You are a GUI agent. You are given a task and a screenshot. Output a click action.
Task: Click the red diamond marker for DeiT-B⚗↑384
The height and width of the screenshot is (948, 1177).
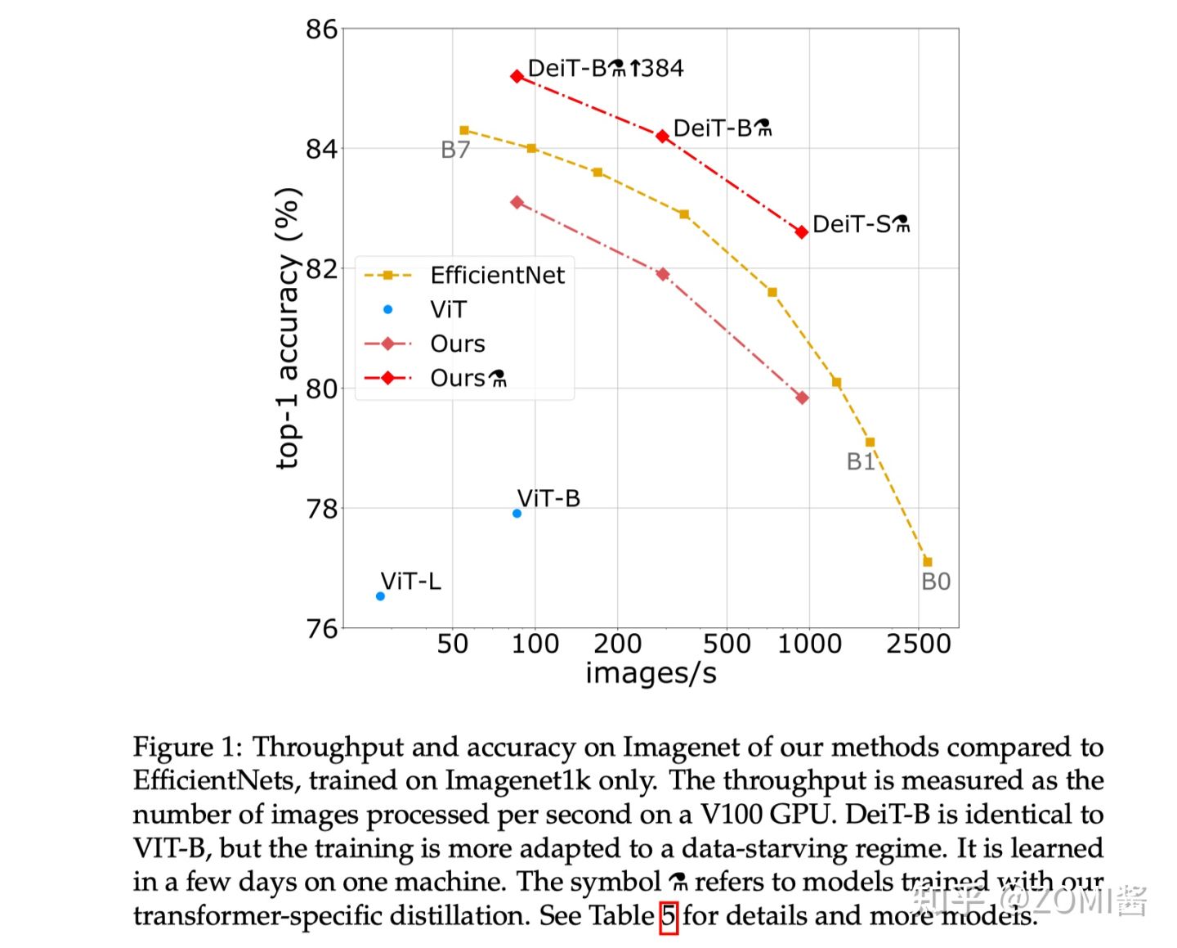[x=517, y=76]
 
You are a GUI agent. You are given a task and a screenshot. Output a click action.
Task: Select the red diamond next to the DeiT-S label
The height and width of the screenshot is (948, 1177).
[x=802, y=232]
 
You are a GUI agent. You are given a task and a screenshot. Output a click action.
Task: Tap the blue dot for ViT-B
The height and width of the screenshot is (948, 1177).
[x=517, y=514]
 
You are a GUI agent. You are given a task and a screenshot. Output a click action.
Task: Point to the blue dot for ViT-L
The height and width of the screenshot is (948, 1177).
[x=380, y=596]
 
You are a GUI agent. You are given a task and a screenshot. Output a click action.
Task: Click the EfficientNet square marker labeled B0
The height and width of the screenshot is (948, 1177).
[x=927, y=562]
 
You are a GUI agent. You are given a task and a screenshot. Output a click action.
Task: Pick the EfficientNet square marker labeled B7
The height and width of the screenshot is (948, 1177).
[x=464, y=130]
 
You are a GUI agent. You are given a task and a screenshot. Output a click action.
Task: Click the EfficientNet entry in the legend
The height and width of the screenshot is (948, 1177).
[x=497, y=275]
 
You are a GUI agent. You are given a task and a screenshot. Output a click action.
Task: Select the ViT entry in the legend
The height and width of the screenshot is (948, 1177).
[x=448, y=310]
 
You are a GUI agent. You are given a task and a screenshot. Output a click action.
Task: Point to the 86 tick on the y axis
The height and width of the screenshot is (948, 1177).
[x=321, y=29]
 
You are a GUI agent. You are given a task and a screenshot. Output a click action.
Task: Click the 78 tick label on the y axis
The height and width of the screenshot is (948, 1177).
[x=321, y=509]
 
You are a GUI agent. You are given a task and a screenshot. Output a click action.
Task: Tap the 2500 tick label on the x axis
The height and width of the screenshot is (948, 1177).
[x=918, y=644]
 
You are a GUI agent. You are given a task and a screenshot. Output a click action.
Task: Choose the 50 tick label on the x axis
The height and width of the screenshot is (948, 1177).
[x=453, y=644]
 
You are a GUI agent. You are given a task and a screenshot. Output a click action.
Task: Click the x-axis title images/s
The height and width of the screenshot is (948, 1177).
[x=651, y=673]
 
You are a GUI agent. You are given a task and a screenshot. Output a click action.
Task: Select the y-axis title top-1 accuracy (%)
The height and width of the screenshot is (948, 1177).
[x=288, y=329]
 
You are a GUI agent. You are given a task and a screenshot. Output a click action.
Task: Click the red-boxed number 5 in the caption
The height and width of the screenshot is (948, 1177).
[x=669, y=916]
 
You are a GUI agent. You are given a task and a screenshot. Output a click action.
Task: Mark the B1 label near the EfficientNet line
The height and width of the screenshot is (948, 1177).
[x=861, y=462]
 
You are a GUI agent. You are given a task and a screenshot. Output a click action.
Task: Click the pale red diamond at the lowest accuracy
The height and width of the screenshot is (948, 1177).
[x=802, y=398]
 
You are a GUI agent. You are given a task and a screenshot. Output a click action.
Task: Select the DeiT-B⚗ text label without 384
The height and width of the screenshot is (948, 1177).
[x=722, y=128]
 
